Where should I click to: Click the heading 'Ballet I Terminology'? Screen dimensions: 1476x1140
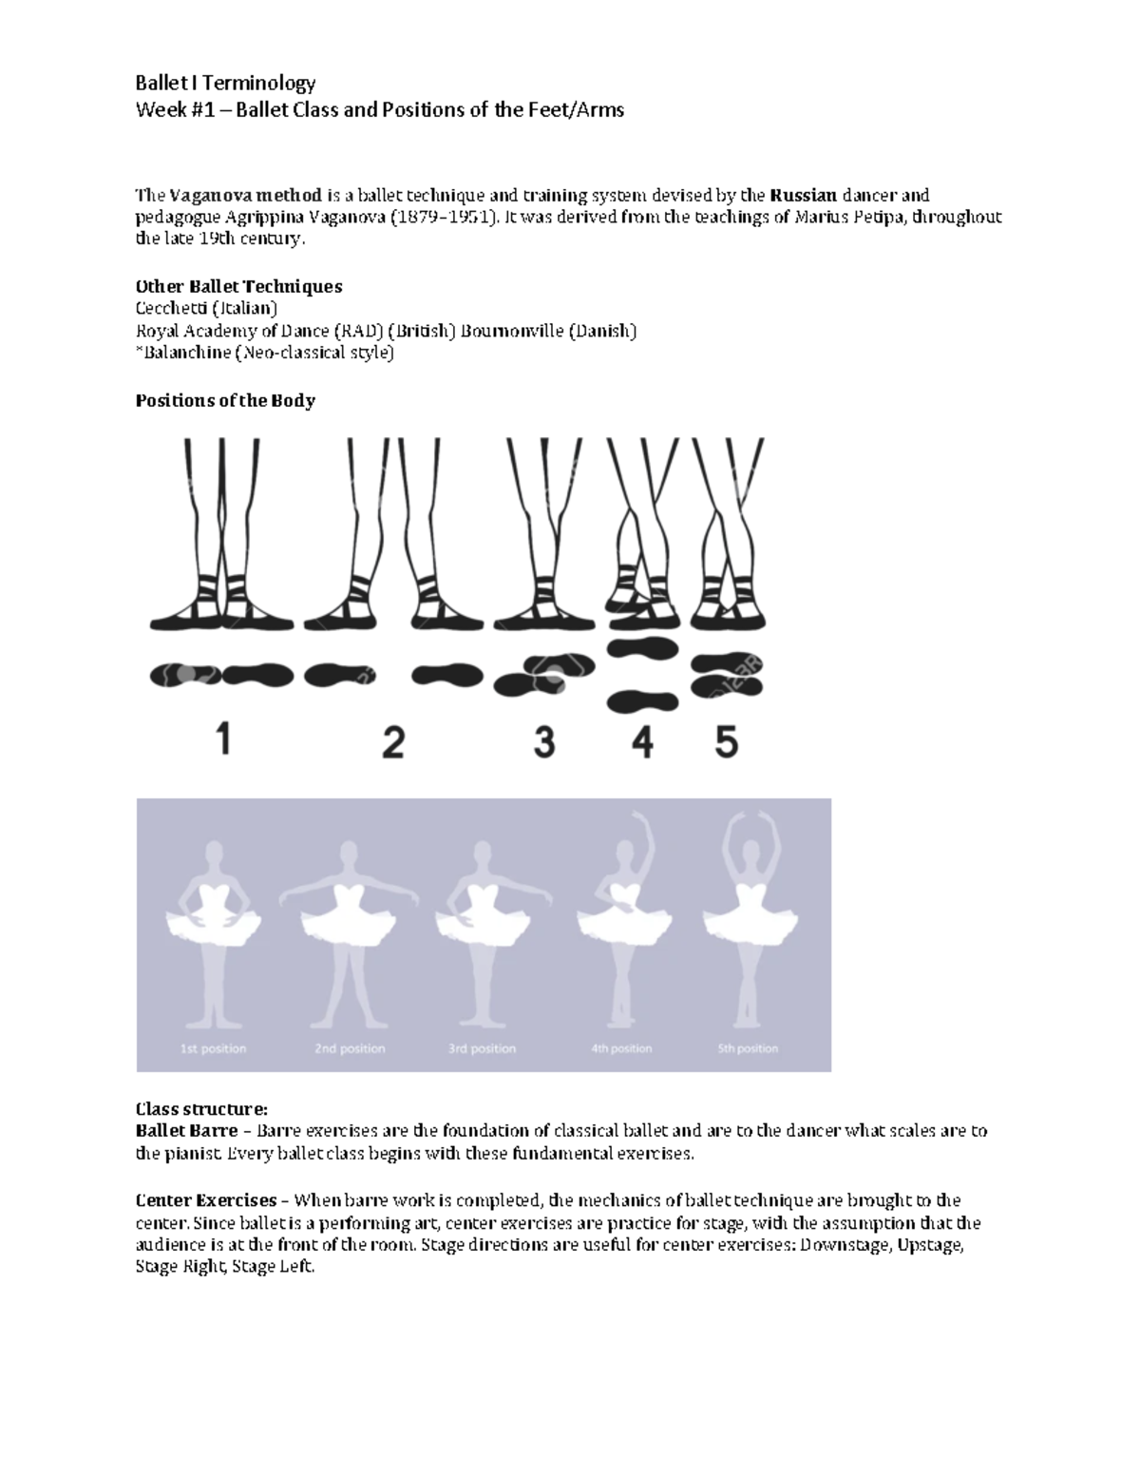pos(225,84)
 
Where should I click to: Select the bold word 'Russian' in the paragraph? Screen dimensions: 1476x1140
pos(803,196)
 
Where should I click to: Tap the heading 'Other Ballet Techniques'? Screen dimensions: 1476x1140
pos(238,286)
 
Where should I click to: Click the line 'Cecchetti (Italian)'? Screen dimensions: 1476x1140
pos(206,309)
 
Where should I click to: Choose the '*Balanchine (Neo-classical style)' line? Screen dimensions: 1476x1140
pos(264,354)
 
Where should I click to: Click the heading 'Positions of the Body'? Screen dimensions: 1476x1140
pos(225,400)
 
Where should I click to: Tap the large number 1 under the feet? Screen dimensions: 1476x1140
pos(223,738)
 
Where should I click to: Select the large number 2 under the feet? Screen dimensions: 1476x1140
pos(393,741)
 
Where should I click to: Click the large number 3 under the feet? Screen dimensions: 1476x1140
pos(543,741)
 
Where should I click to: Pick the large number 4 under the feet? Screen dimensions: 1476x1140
pos(642,741)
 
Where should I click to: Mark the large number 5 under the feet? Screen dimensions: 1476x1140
pos(726,741)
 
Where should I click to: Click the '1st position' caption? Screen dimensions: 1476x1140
pos(213,1048)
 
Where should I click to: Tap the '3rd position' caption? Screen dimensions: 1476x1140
pos(482,1048)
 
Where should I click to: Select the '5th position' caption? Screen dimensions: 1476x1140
pos(748,1048)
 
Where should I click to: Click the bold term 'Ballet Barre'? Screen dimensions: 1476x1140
pos(186,1131)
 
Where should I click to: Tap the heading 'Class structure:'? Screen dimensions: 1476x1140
pos(201,1108)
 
